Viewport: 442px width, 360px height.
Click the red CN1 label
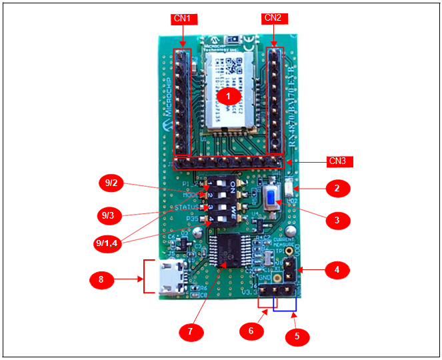coord(182,19)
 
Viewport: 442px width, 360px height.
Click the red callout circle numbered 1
coord(229,96)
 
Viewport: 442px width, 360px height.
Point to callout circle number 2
coord(337,189)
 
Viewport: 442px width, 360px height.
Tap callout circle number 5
coord(297,336)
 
